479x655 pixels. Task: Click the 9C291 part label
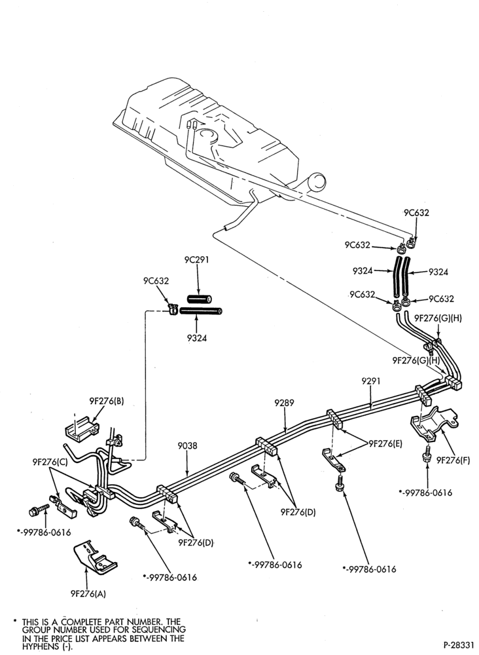[196, 260]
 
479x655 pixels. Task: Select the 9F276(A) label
[88, 593]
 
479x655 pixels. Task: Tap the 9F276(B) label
[107, 401]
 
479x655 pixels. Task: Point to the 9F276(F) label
[453, 460]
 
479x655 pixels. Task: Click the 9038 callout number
[187, 446]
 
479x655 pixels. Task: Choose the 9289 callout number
[284, 403]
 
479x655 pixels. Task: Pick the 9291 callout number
[371, 381]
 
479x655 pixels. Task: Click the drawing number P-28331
[459, 644]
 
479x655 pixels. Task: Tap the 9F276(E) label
[385, 443]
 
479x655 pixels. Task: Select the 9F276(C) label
[50, 462]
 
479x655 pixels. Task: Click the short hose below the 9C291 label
[199, 299]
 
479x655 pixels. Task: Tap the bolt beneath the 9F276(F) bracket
[427, 454]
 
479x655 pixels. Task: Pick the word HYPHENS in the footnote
[38, 646]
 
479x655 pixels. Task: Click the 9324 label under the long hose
[197, 337]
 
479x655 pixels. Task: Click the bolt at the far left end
[39, 510]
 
